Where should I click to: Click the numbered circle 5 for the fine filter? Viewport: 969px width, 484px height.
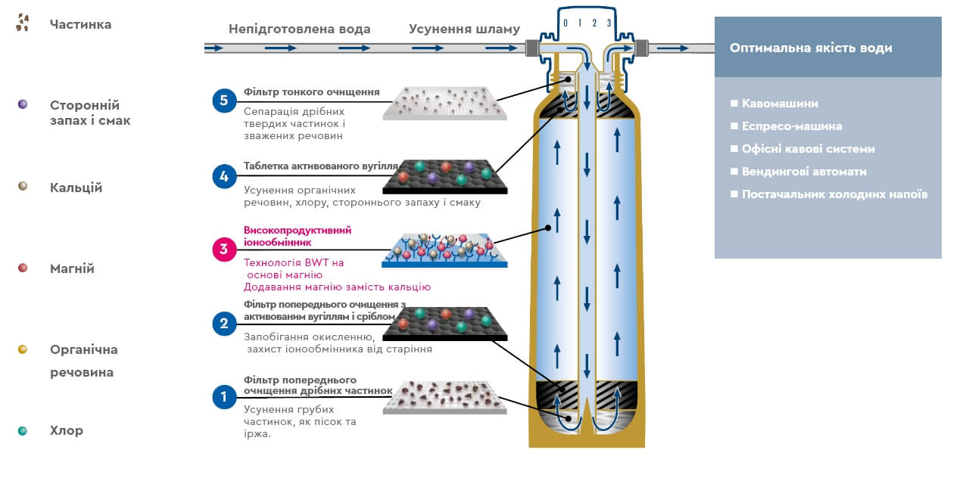coord(224,100)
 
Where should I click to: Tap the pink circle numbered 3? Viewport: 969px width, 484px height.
coord(224,249)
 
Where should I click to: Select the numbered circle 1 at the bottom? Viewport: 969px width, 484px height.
coord(224,396)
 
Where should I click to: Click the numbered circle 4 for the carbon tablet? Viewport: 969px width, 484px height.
coord(224,176)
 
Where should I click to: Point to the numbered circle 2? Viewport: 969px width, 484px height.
coord(224,324)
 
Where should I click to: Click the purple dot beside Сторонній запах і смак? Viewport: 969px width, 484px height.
coord(23,104)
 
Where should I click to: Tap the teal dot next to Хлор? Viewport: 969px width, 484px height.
coord(23,430)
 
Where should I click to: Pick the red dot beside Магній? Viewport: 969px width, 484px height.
coord(23,268)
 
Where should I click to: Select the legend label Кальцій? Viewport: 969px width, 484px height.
coord(76,188)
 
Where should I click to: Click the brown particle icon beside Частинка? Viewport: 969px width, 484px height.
coord(23,23)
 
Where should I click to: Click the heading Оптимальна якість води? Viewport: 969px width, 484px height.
coord(811,48)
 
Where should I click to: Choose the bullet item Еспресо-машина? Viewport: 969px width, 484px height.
coord(792,126)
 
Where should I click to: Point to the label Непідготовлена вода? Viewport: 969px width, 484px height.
coord(300,29)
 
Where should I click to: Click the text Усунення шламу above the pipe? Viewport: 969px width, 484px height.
coord(464,29)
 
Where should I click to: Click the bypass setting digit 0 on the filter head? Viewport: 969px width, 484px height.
coord(565,23)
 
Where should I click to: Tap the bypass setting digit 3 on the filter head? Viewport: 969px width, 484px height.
coord(609,23)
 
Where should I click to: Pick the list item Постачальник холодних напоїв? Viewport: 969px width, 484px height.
coord(834,194)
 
